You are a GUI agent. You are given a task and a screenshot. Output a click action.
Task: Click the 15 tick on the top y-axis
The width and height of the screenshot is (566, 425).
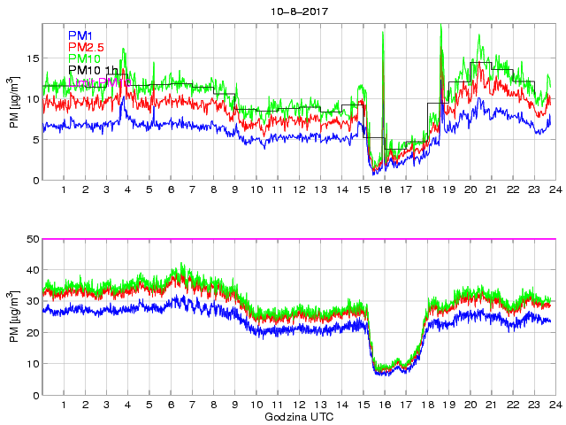pyautogui.click(x=33, y=58)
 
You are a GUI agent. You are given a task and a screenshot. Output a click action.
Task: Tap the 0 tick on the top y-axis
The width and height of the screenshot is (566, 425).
pyautogui.click(x=35, y=181)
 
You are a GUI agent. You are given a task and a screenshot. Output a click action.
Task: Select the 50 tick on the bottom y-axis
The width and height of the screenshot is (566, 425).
pyautogui.click(x=33, y=239)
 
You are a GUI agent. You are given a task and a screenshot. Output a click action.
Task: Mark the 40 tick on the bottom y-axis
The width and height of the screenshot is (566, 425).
pyautogui.click(x=33, y=270)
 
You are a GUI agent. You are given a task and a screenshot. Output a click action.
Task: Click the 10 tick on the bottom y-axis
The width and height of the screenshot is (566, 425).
pyautogui.click(x=33, y=364)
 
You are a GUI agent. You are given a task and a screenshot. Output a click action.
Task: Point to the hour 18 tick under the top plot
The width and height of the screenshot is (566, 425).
pyautogui.click(x=426, y=190)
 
